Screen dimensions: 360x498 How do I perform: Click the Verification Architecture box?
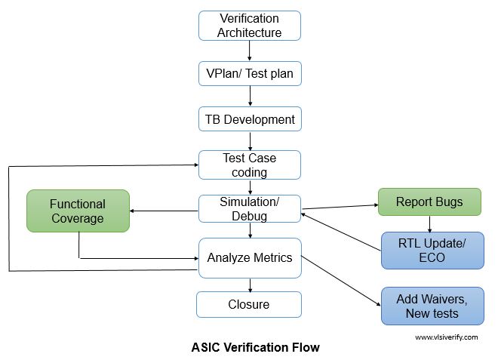[249, 26]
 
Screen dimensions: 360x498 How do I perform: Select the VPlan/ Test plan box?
[249, 74]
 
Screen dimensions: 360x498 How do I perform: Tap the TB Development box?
[249, 119]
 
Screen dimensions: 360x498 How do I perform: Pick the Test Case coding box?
[249, 165]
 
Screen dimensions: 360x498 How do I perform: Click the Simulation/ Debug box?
[249, 209]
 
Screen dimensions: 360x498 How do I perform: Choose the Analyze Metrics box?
[249, 257]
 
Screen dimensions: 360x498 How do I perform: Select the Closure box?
[249, 304]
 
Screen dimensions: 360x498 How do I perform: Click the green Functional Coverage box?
[78, 211]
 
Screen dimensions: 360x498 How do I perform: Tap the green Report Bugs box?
[429, 202]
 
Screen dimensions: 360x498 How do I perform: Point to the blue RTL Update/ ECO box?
[431, 250]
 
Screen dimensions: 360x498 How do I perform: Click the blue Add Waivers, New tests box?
[431, 306]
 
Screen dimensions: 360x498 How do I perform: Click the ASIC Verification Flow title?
[255, 347]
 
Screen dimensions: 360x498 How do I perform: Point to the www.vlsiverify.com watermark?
[446, 337]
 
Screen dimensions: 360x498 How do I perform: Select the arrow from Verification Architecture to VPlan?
[249, 51]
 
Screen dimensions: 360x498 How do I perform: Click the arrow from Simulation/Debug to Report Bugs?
[340, 206]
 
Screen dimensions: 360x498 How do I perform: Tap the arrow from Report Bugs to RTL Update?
[430, 223]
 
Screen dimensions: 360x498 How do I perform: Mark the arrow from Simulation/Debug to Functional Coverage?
[164, 211]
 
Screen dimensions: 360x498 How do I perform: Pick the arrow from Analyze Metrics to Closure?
[249, 285]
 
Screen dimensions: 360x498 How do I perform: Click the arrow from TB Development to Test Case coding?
[249, 140]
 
